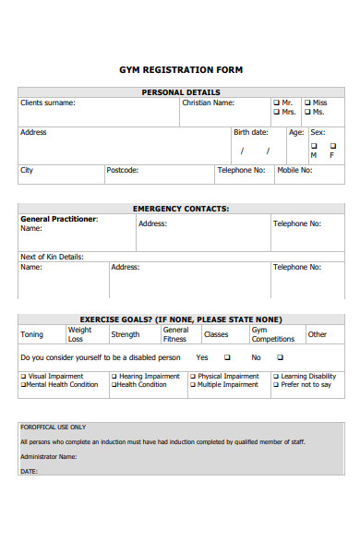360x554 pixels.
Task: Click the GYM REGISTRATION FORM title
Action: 181,69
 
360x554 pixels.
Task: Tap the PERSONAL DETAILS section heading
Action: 181,92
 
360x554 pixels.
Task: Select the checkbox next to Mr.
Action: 276,102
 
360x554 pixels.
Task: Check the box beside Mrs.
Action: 276,112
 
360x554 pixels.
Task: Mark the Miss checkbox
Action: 307,102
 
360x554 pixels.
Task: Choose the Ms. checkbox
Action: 307,112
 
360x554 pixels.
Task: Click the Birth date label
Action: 251,132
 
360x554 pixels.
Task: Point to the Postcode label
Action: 122,170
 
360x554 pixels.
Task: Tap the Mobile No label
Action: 294,170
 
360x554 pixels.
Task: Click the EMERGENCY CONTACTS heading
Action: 181,209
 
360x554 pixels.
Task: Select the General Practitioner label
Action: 58,219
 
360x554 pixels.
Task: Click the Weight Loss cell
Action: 80,333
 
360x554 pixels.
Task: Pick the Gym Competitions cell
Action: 273,333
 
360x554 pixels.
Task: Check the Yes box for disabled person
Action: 227,357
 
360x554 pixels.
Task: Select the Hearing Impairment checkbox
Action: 114,377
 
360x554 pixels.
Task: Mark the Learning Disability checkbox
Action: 276,377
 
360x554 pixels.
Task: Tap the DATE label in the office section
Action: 29,471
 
